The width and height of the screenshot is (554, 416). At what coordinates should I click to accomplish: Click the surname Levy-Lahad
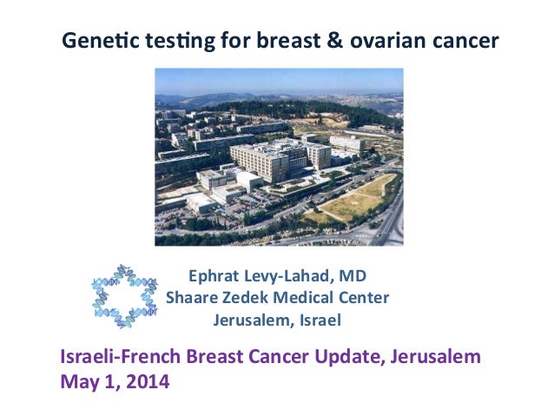[x=289, y=277]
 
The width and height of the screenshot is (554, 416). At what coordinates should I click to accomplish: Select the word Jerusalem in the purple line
[x=439, y=357]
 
